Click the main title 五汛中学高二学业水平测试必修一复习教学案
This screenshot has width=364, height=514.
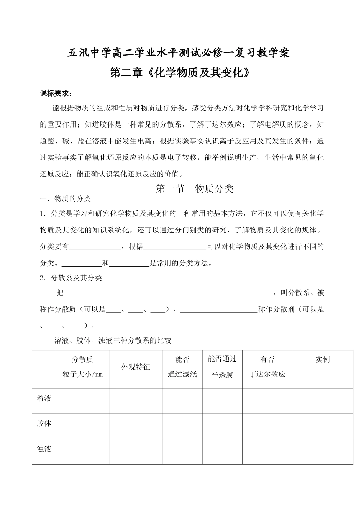178,53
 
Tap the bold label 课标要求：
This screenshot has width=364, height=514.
56,93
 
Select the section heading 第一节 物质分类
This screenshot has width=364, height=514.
195,188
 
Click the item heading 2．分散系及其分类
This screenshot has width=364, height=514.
71,278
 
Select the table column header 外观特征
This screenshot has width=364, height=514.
136,367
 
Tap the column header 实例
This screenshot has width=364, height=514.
322,360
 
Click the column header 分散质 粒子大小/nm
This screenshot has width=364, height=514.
82,367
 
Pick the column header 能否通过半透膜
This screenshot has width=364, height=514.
222,367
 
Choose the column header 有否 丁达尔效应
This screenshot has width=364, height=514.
267,367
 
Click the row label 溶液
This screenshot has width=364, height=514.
44,398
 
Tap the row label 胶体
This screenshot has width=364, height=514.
44,424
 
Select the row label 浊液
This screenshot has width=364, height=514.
44,449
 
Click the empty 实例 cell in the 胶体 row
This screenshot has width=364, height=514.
322,426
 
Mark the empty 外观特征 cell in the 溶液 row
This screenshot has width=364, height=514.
136,401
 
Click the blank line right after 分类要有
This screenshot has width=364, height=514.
95,247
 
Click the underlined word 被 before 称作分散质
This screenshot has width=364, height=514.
321,293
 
